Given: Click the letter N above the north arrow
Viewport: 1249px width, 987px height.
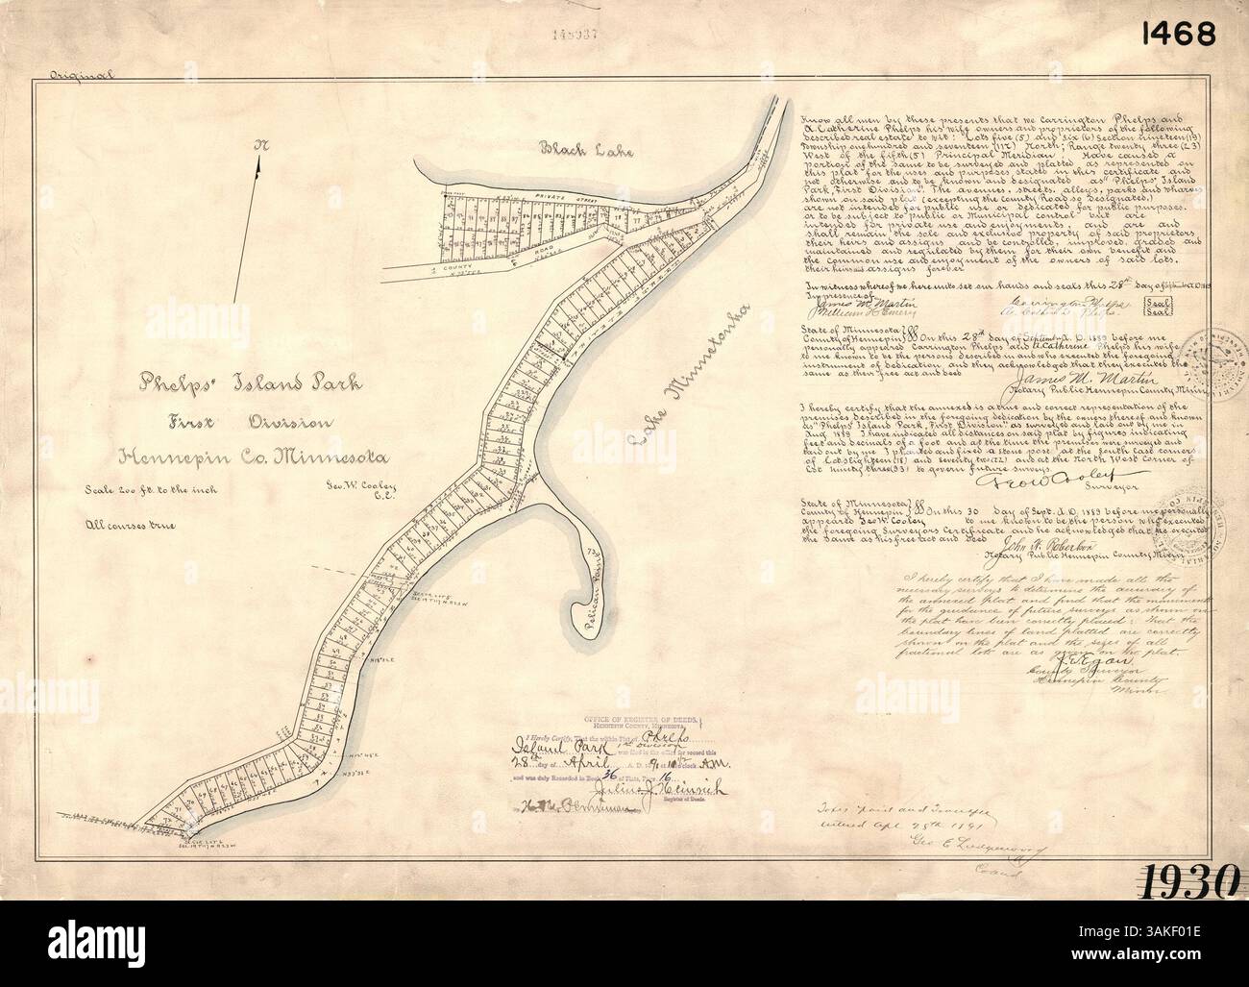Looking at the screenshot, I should point(258,146).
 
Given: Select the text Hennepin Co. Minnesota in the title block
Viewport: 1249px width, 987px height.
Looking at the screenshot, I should point(252,455).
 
